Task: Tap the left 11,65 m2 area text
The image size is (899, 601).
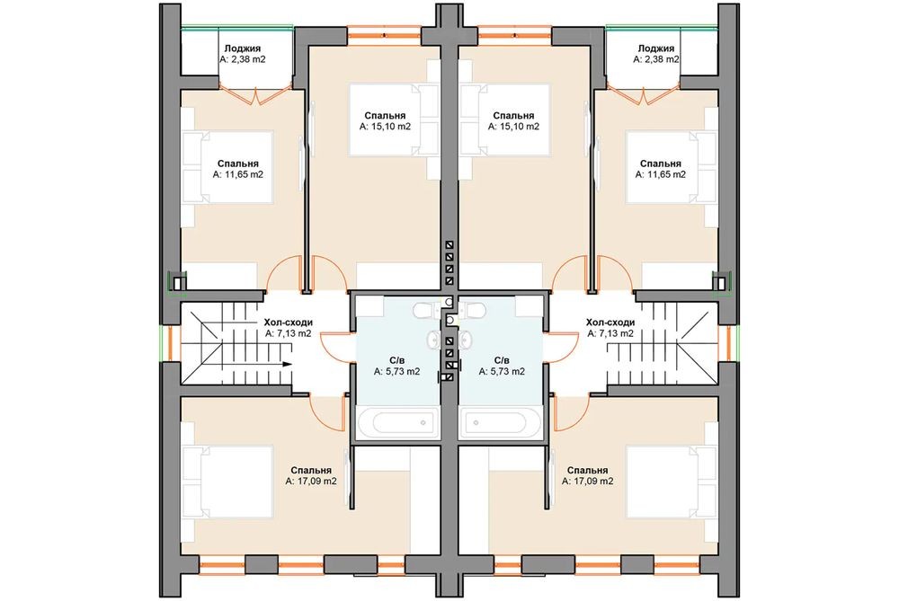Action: click(x=238, y=175)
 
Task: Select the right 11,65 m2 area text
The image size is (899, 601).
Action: click(x=661, y=175)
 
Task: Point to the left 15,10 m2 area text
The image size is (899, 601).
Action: click(x=386, y=127)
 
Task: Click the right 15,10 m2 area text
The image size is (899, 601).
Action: click(x=513, y=127)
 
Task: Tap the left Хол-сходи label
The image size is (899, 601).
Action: click(x=288, y=323)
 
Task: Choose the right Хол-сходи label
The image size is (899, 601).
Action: click(x=610, y=323)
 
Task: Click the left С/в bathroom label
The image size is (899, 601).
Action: click(x=396, y=361)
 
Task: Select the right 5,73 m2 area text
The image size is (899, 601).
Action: click(x=502, y=371)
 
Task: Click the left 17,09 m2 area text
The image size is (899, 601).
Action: click(x=311, y=482)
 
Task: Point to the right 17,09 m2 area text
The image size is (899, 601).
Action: click(x=588, y=482)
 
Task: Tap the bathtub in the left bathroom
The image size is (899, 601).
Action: click(x=398, y=423)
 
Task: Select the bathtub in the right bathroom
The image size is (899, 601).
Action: click(x=500, y=423)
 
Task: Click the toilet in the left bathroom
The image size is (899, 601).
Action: click(x=423, y=311)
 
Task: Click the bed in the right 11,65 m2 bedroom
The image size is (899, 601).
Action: click(x=672, y=167)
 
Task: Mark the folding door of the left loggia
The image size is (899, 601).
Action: click(x=255, y=95)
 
